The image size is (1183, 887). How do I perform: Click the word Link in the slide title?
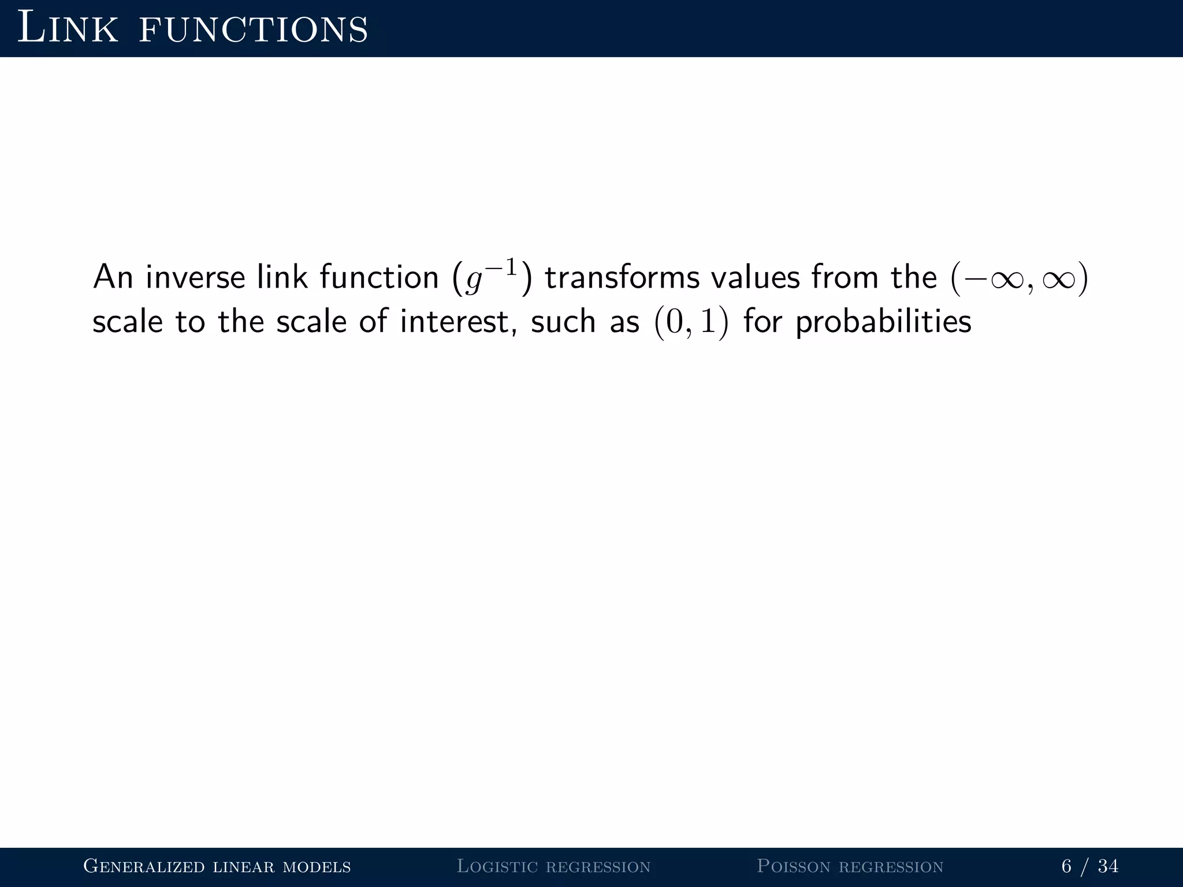tap(68, 28)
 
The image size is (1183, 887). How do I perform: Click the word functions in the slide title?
tap(254, 29)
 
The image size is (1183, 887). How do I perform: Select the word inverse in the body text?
tap(195, 277)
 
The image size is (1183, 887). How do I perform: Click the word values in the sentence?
tap(756, 277)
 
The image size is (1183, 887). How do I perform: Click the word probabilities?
tap(883, 322)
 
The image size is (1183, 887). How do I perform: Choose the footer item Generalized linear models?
tap(217, 866)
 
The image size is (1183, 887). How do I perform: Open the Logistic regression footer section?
tap(553, 866)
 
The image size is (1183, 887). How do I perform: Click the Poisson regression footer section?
tap(850, 866)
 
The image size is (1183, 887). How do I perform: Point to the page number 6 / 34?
tap(1089, 866)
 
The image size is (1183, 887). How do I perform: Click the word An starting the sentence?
tap(113, 277)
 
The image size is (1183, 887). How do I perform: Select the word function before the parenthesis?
tap(379, 277)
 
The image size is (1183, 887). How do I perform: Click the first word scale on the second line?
tap(128, 322)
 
